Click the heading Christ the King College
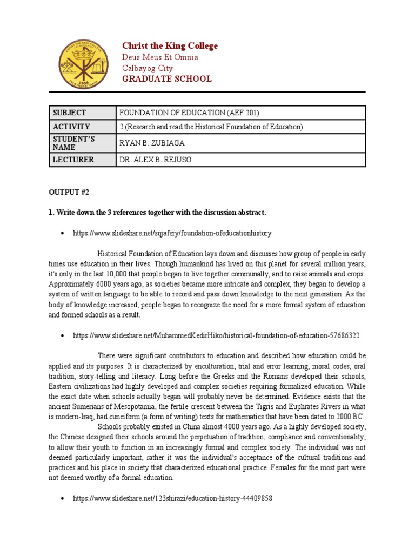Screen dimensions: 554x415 170,46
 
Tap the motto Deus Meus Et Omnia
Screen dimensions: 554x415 160,57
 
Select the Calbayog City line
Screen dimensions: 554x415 148,68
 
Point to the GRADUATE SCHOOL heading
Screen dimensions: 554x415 166,79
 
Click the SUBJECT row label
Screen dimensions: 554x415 69,113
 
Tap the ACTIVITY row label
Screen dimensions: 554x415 70,127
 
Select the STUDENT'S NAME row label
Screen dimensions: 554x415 73,143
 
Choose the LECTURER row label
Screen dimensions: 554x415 73,160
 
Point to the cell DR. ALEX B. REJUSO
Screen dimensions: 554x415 155,160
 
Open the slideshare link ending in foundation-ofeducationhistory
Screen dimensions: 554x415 172,233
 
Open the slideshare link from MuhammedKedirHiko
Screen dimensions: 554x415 216,335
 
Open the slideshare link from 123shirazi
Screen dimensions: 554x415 172,498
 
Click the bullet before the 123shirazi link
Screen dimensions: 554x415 63,498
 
